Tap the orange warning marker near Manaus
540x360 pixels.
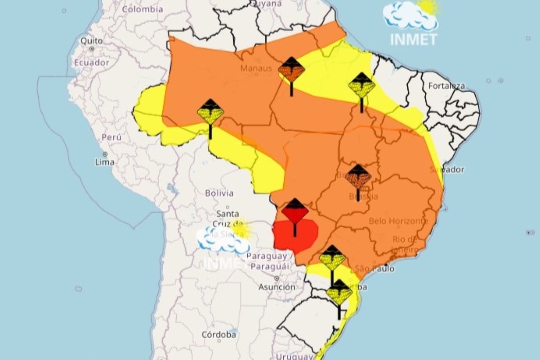(291, 71)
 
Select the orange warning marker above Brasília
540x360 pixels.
(358, 177)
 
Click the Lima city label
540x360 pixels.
(104, 162)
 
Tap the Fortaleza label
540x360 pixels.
(446, 85)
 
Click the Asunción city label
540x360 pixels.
(277, 287)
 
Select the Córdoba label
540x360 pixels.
(219, 335)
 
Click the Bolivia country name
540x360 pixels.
(219, 193)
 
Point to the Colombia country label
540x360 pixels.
(143, 9)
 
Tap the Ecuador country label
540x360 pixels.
(92, 63)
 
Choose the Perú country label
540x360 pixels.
(111, 137)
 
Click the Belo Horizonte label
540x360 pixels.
(398, 221)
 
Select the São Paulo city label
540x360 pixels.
(375, 269)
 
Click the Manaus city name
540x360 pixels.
(256, 68)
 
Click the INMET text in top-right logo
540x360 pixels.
(413, 39)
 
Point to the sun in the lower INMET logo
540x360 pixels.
(241, 229)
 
